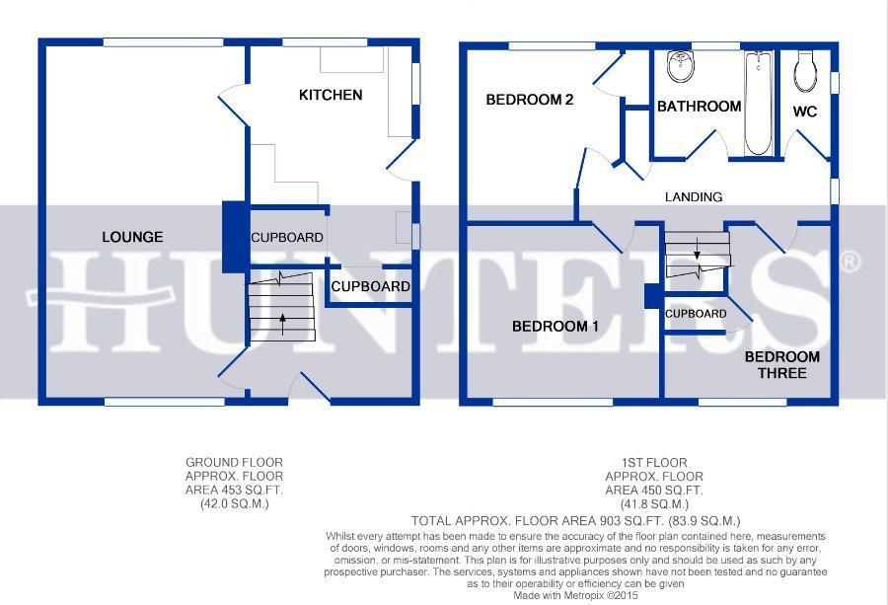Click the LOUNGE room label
click(132, 237)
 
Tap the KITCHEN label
click(331, 95)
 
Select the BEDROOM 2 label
click(530, 100)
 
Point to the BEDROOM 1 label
click(555, 327)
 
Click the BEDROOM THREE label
click(782, 365)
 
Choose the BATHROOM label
click(699, 106)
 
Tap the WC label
click(805, 112)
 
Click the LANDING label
click(694, 196)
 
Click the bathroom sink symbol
click(680, 66)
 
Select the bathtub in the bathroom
click(759, 103)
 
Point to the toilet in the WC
click(806, 71)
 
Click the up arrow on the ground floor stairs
click(282, 325)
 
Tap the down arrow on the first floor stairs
click(698, 249)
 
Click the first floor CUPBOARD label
click(696, 314)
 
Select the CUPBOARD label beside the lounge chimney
click(287, 237)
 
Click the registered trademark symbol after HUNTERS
click(851, 262)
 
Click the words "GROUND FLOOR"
click(234, 462)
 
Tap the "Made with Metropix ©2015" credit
click(575, 595)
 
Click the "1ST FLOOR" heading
click(653, 462)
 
